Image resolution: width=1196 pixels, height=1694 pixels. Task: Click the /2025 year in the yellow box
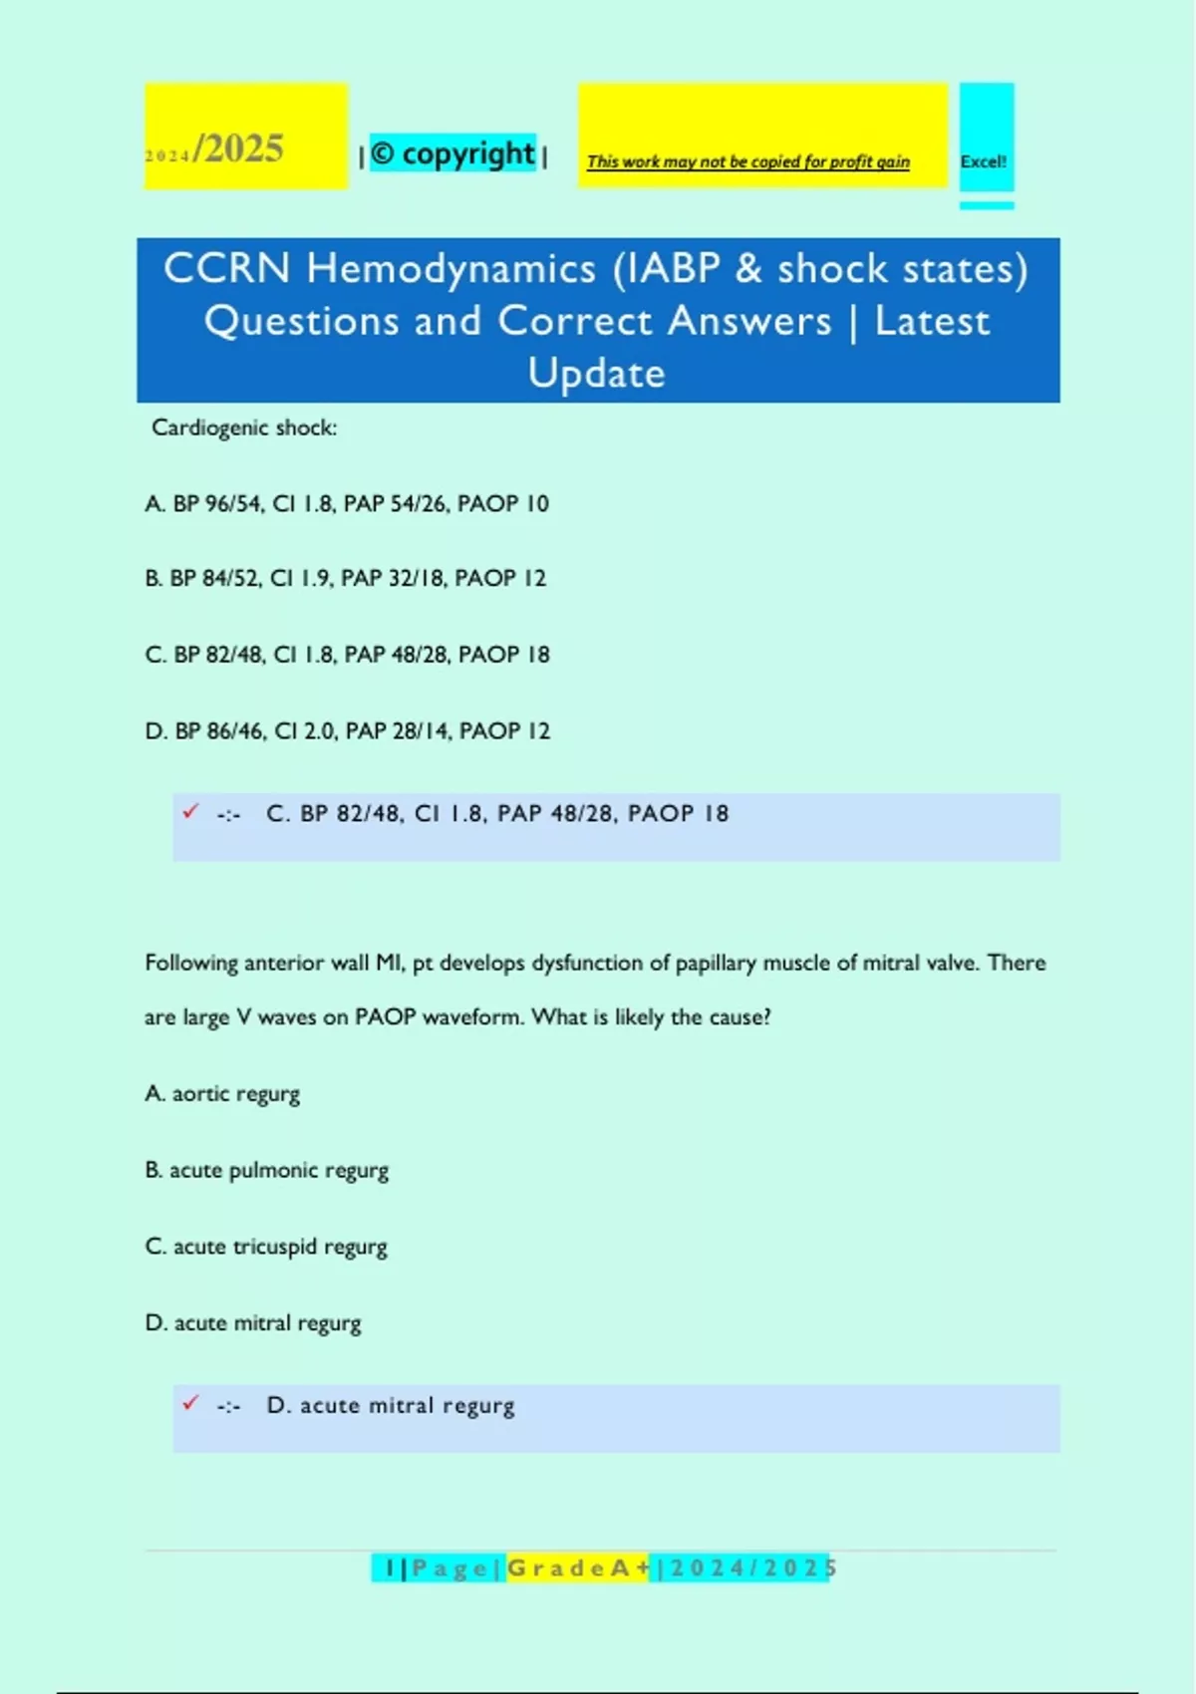click(x=239, y=149)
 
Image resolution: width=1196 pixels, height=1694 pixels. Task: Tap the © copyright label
click(x=452, y=153)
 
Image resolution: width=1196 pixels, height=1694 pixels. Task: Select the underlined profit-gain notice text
click(x=747, y=161)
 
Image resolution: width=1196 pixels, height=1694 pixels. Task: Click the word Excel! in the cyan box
click(x=983, y=161)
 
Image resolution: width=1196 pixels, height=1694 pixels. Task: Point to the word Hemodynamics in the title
click(x=450, y=269)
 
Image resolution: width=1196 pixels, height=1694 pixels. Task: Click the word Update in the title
click(x=596, y=374)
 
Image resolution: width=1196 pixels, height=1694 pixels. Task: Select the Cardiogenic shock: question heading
click(x=244, y=427)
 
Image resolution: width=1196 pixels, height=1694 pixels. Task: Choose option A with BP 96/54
click(x=346, y=503)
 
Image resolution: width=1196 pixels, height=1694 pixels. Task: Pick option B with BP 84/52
click(x=345, y=578)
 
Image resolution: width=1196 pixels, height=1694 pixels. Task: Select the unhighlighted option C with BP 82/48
click(x=347, y=655)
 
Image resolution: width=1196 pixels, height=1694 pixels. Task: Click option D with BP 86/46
click(x=347, y=731)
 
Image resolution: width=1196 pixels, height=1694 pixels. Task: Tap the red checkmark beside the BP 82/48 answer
click(x=190, y=812)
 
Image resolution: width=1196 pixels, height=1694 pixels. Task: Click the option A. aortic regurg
click(x=222, y=1094)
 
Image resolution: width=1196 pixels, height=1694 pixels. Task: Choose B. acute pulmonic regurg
click(x=266, y=1170)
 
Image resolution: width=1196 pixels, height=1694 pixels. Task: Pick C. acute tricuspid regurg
click(x=266, y=1247)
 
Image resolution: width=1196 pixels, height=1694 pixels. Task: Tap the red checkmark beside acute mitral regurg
click(x=190, y=1403)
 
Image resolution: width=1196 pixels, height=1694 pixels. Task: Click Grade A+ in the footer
click(x=578, y=1568)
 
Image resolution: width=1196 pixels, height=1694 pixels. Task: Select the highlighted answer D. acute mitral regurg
click(x=391, y=1406)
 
